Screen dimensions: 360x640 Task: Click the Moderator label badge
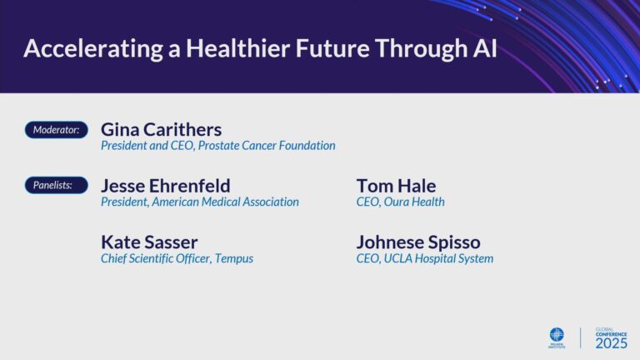pyautogui.click(x=56, y=130)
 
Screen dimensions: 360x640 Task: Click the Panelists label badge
pyautogui.click(x=56, y=186)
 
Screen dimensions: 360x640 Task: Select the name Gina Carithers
pyautogui.click(x=161, y=129)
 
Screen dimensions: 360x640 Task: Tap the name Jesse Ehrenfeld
pyautogui.click(x=165, y=186)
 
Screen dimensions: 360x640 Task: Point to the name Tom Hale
pyautogui.click(x=396, y=186)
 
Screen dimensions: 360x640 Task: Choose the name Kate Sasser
pyautogui.click(x=149, y=242)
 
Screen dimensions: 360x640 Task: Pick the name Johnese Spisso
pyautogui.click(x=418, y=242)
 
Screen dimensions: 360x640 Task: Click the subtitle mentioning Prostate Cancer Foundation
pyautogui.click(x=217, y=146)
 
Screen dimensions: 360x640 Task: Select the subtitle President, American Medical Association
pyautogui.click(x=199, y=202)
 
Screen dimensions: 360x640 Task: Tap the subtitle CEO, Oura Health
pyautogui.click(x=400, y=202)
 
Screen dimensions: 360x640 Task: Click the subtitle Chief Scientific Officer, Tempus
pyautogui.click(x=177, y=258)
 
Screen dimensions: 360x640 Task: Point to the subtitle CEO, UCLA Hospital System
pyautogui.click(x=424, y=258)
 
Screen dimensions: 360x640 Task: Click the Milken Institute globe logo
pyautogui.click(x=556, y=334)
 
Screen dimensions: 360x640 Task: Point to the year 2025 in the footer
pyautogui.click(x=611, y=342)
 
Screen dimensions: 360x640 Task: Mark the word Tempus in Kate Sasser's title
pyautogui.click(x=234, y=258)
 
